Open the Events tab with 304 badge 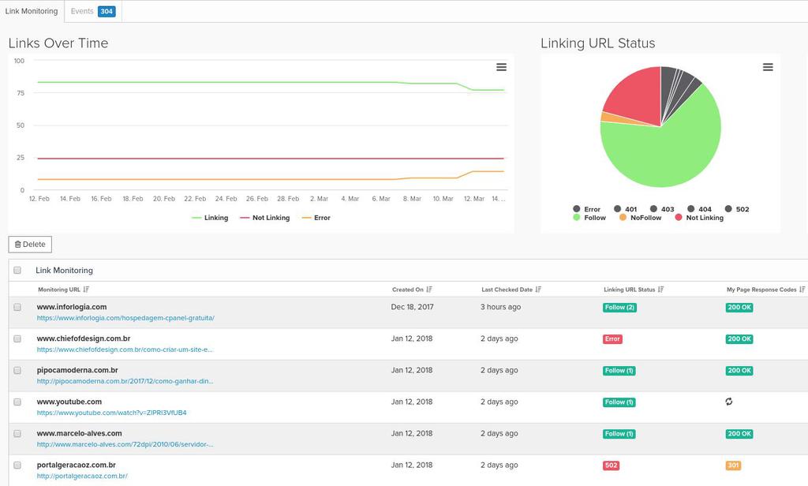(x=92, y=11)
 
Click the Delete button (x=30, y=245)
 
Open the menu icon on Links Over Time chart (x=501, y=67)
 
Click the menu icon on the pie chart (x=768, y=67)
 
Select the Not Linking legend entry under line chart (x=265, y=218)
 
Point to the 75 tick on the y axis (x=19, y=93)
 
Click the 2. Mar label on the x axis (x=319, y=199)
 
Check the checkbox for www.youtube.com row (x=17, y=402)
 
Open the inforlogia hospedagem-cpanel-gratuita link (x=125, y=318)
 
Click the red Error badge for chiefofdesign (x=612, y=339)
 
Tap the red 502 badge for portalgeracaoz (x=611, y=465)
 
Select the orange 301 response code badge (x=733, y=465)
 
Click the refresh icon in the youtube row (x=729, y=402)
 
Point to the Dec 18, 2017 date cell (x=413, y=307)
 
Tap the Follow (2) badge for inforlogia (x=619, y=308)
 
